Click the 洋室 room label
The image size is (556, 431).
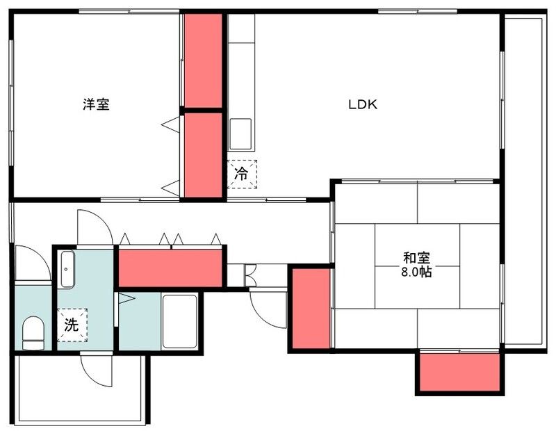tap(96, 105)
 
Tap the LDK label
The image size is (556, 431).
tap(362, 105)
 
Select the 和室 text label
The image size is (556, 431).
tap(416, 258)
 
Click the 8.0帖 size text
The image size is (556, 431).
tap(416, 272)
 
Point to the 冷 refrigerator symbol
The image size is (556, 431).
tap(242, 174)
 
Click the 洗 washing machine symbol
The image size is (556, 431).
tap(71, 324)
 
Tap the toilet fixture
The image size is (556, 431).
tap(33, 332)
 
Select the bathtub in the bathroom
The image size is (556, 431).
tap(180, 320)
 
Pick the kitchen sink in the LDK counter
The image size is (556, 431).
tap(240, 132)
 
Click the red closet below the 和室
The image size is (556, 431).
tap(459, 372)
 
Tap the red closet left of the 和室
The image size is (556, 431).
tap(311, 308)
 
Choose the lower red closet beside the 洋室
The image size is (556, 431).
tap(202, 155)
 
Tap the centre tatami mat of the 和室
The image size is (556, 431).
tap(417, 265)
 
